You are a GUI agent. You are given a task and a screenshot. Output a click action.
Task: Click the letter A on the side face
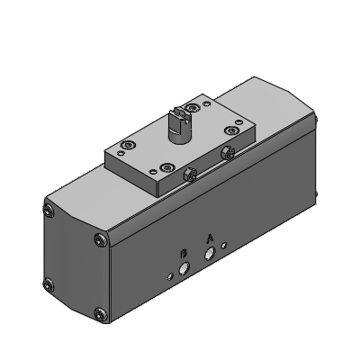tap(210, 238)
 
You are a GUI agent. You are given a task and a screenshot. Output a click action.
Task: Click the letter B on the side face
tap(184, 254)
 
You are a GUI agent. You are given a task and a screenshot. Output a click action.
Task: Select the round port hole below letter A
tap(210, 254)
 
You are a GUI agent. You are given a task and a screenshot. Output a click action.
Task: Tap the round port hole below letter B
tap(184, 268)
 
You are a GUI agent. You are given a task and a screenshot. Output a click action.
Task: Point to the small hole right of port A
tap(223, 246)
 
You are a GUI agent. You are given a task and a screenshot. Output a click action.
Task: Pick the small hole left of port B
tap(170, 276)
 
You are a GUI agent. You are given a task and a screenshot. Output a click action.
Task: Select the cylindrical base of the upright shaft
tap(177, 136)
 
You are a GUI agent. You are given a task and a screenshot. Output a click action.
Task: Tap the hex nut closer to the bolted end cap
tap(190, 174)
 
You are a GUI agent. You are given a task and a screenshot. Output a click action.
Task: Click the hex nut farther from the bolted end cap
tap(227, 153)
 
